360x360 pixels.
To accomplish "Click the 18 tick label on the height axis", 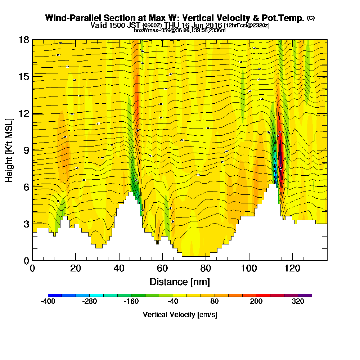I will point(24,40).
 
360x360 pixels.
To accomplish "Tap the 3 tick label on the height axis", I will point(26,224).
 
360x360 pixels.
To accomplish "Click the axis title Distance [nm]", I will point(180,281).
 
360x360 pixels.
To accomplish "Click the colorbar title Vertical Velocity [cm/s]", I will point(180,315).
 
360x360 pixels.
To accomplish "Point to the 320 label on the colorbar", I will point(298,302).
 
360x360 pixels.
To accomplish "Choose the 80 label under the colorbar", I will point(215,302).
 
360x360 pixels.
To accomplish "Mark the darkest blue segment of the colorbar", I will point(55,295).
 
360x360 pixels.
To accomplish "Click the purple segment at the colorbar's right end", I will point(305,295).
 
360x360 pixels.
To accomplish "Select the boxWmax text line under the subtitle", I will point(180,30).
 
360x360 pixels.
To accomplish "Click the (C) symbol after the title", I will point(311,18).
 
